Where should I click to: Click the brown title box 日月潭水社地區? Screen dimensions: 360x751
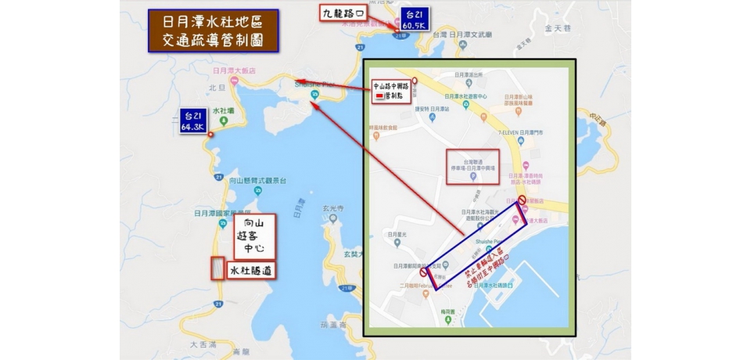click(213, 31)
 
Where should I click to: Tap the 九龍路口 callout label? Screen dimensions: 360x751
click(343, 13)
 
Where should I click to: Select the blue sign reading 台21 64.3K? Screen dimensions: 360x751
click(192, 121)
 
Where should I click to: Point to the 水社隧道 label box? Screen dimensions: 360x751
click(251, 270)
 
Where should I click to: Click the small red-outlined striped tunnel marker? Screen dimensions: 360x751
click(217, 268)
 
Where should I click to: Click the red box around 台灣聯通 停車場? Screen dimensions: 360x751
click(473, 166)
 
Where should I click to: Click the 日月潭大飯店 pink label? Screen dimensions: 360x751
click(232, 71)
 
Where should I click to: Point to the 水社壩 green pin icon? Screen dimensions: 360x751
click(224, 121)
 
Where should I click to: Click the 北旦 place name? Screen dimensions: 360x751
click(217, 87)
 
